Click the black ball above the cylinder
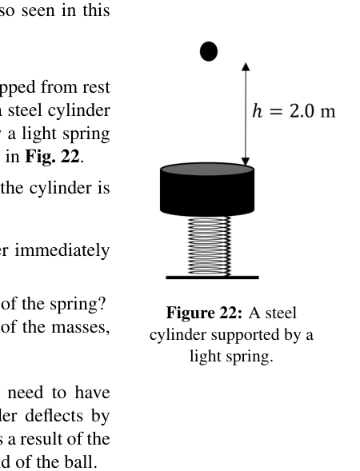click(x=209, y=51)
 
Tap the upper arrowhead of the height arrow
click(x=246, y=66)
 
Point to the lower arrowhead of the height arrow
click(x=246, y=162)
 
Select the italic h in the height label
click(x=258, y=110)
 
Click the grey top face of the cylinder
click(x=207, y=169)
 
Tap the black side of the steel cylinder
click(x=207, y=194)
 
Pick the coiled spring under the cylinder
click(x=209, y=245)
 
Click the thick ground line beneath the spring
click(x=212, y=277)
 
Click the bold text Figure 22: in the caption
click(x=204, y=313)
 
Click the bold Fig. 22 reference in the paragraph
click(x=53, y=157)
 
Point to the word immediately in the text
click(x=62, y=250)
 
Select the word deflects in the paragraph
click(x=54, y=416)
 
